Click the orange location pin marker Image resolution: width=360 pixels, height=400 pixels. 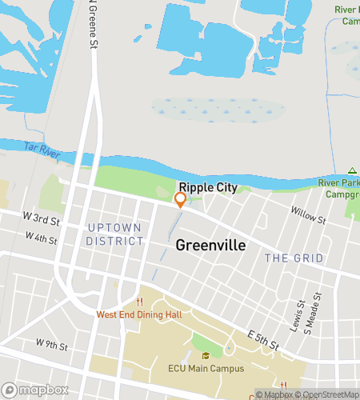(180, 200)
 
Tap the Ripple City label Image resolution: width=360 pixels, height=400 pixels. (207, 187)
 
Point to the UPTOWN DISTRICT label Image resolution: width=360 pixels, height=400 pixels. (114, 234)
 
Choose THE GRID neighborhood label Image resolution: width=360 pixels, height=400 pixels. (294, 258)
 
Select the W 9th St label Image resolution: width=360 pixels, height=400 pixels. (52, 344)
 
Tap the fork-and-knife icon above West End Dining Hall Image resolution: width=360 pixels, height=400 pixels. (140, 302)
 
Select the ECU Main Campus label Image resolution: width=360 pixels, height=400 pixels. (206, 369)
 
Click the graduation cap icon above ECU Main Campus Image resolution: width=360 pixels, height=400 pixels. (206, 356)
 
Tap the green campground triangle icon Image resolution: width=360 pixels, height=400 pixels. (351, 171)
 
